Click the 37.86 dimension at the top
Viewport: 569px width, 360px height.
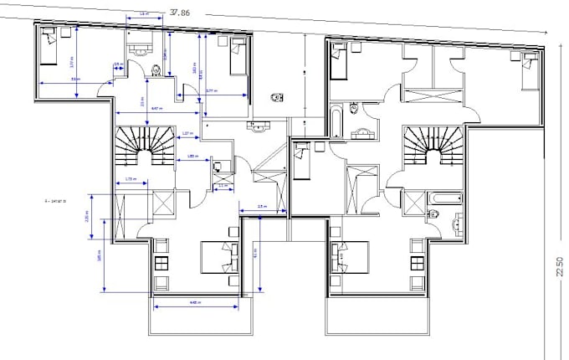coord(178,13)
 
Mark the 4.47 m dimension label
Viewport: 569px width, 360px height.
coord(156,109)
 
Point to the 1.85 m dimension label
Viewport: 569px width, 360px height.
coord(192,157)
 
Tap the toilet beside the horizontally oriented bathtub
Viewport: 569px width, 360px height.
coord(433,214)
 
